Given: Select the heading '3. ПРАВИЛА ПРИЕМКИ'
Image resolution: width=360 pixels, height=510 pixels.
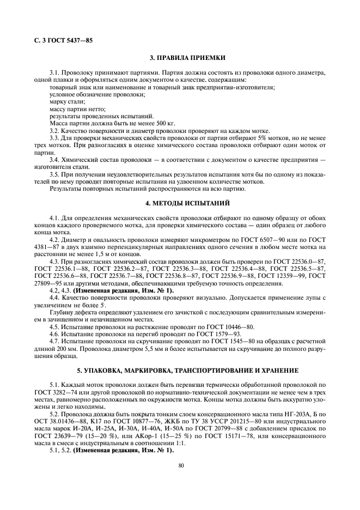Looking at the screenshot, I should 180,58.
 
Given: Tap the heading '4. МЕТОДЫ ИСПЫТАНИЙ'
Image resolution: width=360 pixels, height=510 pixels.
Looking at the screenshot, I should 180,203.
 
